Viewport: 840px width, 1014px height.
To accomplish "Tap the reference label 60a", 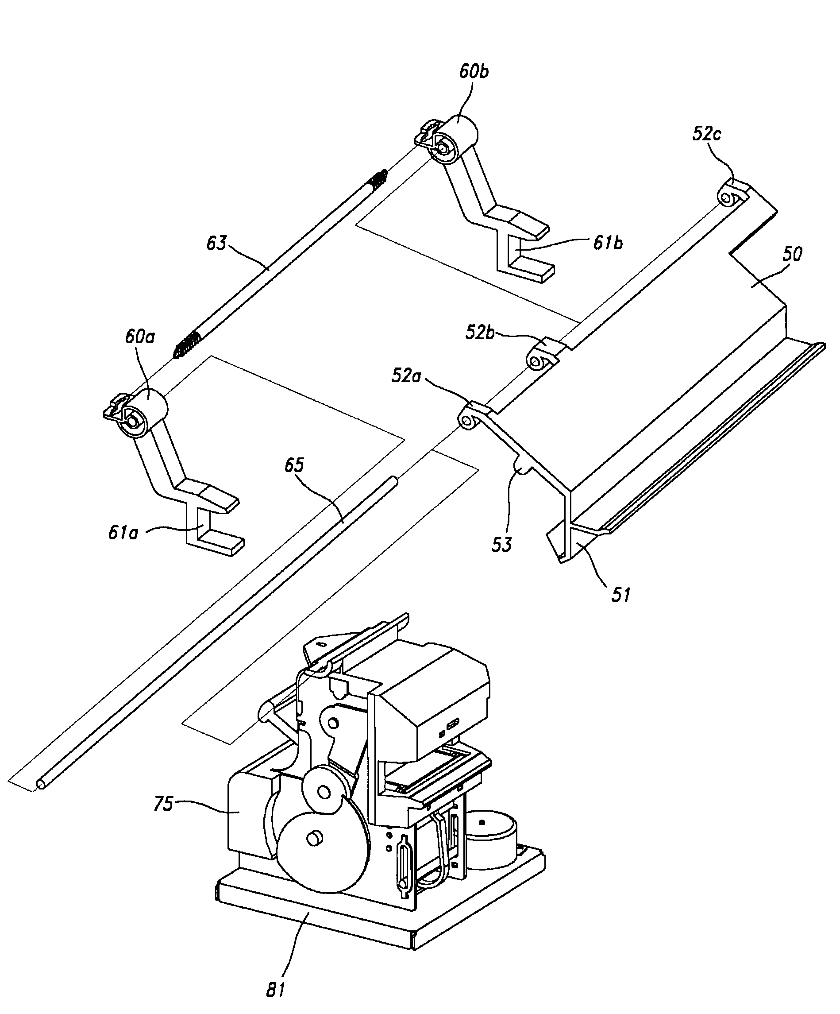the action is tap(140, 337).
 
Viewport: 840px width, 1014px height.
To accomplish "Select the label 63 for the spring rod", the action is tap(216, 244).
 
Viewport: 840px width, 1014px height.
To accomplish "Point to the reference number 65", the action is tap(294, 465).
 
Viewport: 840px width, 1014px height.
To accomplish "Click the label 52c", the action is tap(707, 134).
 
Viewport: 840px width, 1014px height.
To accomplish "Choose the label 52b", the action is tap(481, 333).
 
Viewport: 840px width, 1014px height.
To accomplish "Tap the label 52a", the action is tap(406, 376).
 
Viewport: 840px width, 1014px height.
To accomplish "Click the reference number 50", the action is tap(792, 254).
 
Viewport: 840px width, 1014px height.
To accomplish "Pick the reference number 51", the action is tap(621, 594).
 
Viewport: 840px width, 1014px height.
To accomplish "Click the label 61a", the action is tap(123, 533).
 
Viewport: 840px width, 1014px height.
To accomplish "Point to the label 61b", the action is tap(608, 244).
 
